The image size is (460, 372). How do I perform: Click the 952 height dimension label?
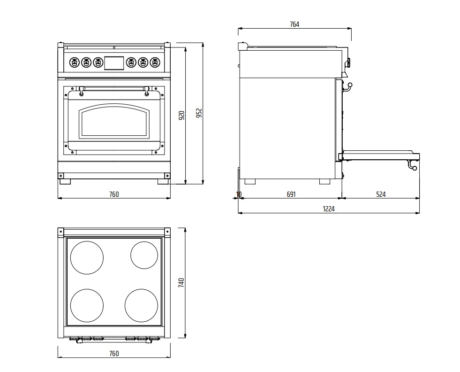tap(199, 114)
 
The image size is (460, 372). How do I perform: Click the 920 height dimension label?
tap(182, 115)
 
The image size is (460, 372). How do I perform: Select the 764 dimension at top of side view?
tap(294, 24)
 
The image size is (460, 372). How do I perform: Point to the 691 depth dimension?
tap(291, 194)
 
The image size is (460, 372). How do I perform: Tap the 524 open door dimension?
tap(380, 194)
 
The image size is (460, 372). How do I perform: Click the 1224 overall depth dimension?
tap(329, 209)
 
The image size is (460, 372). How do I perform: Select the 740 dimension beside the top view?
tap(182, 283)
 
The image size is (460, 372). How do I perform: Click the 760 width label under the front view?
tap(114, 194)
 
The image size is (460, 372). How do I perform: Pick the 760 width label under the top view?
tap(114, 354)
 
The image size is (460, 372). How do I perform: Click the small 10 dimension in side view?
tap(239, 194)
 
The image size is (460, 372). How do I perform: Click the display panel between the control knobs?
tap(114, 62)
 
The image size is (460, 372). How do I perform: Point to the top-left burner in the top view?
tap(87, 257)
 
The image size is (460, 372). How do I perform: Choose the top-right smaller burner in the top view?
tap(144, 255)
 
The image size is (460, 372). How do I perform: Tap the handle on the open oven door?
tap(412, 165)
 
